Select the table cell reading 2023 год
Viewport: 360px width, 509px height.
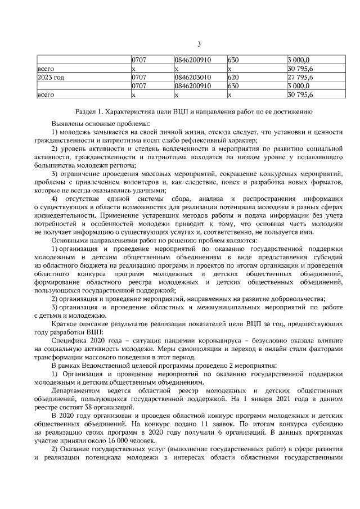tap(50, 77)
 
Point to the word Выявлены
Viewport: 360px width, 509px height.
tap(67, 123)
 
